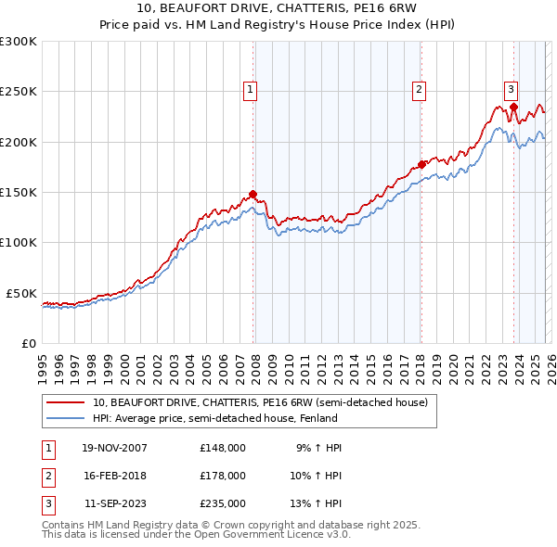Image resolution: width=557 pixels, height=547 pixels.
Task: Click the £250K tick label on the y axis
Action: coord(19,92)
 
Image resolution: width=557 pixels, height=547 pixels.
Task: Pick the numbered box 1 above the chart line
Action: coord(251,90)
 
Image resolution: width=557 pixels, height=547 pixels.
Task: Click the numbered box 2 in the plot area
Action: coord(420,90)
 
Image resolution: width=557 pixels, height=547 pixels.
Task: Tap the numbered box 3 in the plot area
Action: coord(511,90)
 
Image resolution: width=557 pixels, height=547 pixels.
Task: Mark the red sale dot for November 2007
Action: coord(253,195)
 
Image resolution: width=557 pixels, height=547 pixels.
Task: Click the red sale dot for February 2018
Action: coord(421,164)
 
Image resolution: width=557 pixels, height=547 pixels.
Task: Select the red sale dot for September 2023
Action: coord(513,107)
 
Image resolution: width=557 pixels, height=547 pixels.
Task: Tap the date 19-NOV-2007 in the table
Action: coord(115,448)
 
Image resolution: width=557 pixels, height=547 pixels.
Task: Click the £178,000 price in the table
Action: coord(223,476)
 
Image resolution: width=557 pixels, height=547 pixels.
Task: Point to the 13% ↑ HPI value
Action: coord(316,503)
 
